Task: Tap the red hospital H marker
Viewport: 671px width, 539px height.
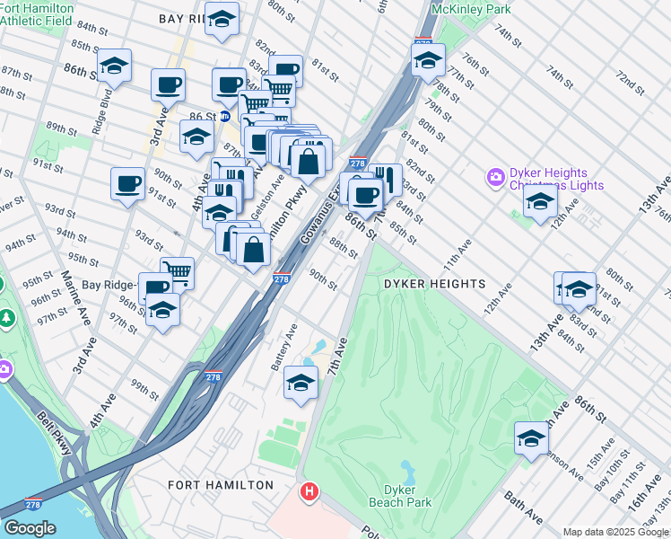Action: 309,492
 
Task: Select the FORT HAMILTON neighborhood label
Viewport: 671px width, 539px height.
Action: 221,485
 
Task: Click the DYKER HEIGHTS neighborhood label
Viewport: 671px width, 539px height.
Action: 434,284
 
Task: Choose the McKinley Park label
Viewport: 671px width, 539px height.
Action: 470,9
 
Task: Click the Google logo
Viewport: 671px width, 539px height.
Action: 30,528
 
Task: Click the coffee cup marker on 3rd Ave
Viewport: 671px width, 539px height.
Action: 168,85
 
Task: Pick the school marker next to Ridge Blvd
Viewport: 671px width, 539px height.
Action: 114,66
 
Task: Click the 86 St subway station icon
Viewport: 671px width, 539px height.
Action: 224,117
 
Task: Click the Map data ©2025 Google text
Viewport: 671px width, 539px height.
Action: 615,532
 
